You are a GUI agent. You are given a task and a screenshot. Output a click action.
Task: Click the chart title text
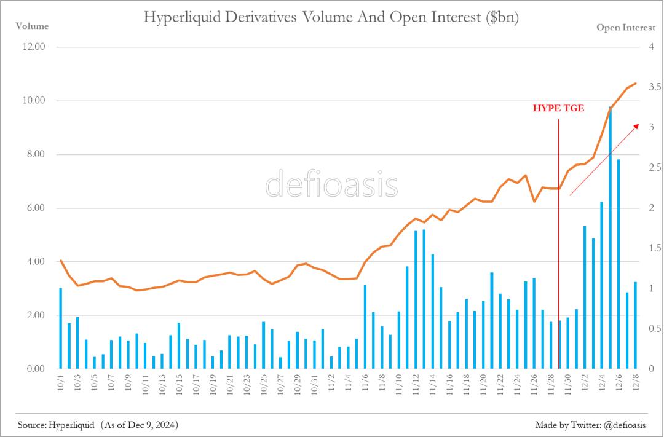331,17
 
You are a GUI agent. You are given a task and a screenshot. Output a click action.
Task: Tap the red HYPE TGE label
558,108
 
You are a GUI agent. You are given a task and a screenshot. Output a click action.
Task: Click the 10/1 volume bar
60,328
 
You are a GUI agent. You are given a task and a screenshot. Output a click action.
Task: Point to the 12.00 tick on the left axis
33,47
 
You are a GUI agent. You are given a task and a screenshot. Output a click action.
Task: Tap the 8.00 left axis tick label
33,154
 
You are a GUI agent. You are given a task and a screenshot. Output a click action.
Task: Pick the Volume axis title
32,26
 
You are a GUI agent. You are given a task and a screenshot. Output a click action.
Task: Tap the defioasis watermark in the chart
331,184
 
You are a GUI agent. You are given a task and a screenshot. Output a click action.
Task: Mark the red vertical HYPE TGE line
559,246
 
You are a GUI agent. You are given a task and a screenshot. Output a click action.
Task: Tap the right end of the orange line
636,83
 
